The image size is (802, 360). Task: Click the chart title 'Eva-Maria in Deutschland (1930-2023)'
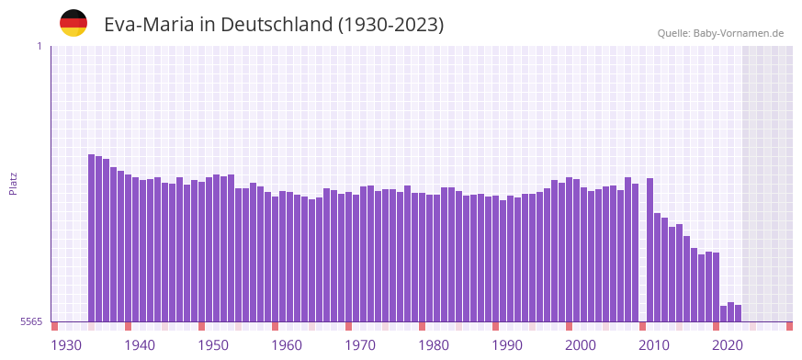274,25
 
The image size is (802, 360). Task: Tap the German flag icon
73,23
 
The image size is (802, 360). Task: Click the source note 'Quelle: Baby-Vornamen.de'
720,33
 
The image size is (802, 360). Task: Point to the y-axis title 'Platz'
13,183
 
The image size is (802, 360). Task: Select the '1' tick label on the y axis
39,46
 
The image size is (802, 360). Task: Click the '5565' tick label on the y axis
30,321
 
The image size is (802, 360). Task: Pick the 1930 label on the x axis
66,345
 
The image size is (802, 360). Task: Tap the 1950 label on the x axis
213,345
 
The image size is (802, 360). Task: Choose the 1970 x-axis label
360,345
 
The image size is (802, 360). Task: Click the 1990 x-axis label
507,345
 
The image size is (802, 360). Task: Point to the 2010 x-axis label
654,345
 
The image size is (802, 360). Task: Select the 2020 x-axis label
728,345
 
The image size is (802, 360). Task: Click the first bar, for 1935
92,238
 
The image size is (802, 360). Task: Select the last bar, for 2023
738,313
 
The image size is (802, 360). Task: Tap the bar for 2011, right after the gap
650,250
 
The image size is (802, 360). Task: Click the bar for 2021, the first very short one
723,314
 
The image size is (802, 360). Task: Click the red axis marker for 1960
275,326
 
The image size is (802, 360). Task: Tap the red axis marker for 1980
422,326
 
